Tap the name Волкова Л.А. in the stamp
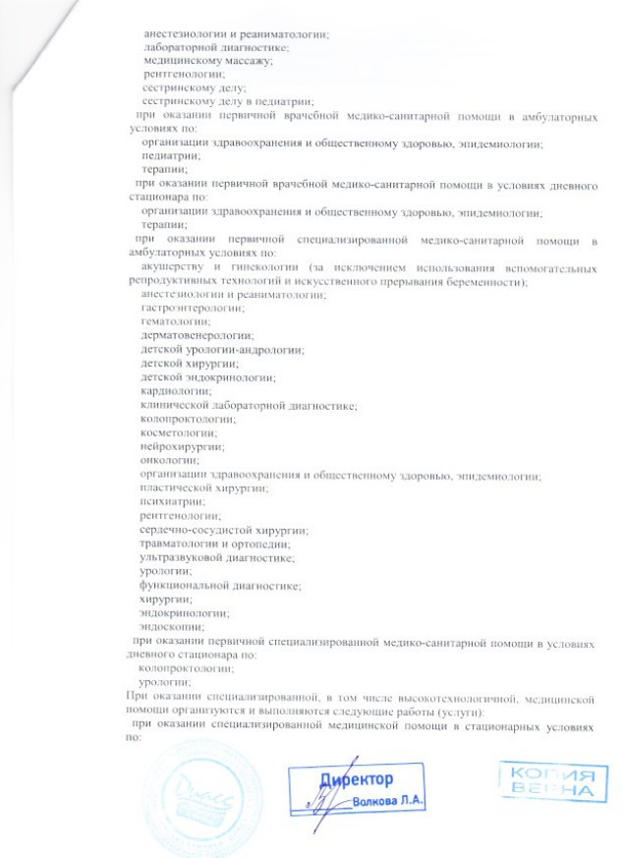coord(388,801)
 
